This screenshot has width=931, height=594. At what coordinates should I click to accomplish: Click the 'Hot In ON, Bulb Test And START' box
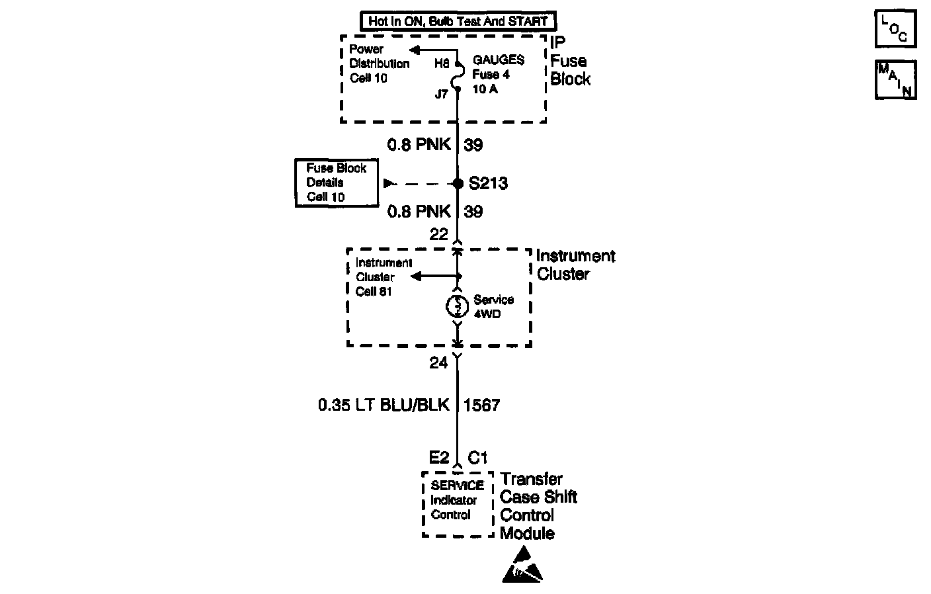click(458, 21)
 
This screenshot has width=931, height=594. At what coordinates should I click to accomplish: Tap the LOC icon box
click(895, 29)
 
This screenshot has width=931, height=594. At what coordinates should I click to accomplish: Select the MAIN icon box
click(895, 79)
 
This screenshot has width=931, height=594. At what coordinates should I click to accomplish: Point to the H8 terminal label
click(442, 64)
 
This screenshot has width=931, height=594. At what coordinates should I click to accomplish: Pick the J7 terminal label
click(441, 94)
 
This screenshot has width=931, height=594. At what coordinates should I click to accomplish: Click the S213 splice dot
click(458, 183)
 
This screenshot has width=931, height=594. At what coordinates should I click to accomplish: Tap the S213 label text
click(488, 183)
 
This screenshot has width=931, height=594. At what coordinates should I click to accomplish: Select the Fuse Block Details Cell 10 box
click(337, 183)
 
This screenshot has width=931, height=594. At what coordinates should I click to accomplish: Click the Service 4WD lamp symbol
click(457, 306)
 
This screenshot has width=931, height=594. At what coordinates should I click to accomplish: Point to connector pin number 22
click(438, 234)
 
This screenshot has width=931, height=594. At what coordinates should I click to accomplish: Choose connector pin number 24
click(438, 362)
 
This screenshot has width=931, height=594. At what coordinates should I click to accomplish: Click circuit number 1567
click(482, 405)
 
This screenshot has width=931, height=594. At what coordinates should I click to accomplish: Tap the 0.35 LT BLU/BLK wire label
click(384, 405)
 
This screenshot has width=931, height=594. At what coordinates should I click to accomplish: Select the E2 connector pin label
click(439, 457)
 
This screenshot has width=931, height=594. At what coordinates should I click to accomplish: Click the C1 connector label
click(477, 457)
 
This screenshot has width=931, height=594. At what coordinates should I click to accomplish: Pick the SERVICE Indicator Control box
click(458, 503)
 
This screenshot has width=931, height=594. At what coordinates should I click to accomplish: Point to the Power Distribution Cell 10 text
click(379, 64)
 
